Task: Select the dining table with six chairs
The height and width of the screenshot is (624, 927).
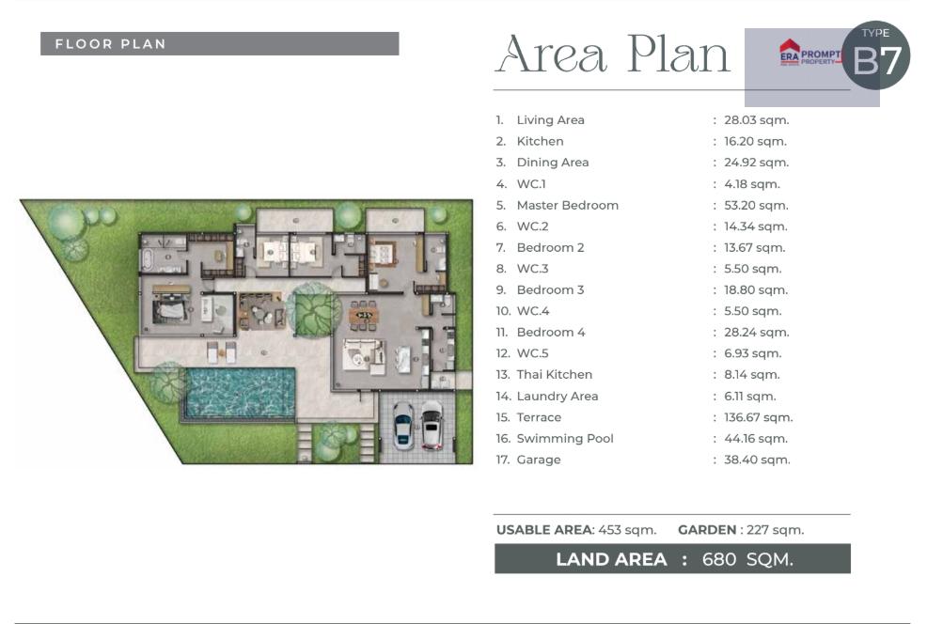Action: coord(363,315)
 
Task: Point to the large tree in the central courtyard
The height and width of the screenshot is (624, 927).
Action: coord(315,308)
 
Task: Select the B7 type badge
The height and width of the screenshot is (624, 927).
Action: coord(876,55)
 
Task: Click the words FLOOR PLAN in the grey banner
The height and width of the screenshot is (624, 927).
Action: coord(111,44)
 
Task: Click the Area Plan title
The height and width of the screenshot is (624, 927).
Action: coord(612,55)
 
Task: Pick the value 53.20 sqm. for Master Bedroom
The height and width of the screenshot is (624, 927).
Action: coord(756,205)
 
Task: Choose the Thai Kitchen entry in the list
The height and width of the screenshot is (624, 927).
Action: coord(554,375)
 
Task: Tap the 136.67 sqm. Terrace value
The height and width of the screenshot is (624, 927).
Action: coord(759,417)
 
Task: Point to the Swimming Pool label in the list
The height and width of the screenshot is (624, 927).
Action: coord(565,439)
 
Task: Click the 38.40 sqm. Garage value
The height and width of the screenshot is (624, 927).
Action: coord(758,460)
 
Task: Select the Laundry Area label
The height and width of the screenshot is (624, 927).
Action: coord(557,397)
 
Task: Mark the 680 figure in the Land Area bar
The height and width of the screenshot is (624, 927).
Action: coord(719,559)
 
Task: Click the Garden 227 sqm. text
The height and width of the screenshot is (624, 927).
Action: coord(741,530)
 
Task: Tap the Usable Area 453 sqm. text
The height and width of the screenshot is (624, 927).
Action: coord(576,530)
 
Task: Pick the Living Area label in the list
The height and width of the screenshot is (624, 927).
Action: coord(550,120)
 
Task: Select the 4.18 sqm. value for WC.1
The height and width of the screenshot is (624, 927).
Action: coord(752,184)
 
